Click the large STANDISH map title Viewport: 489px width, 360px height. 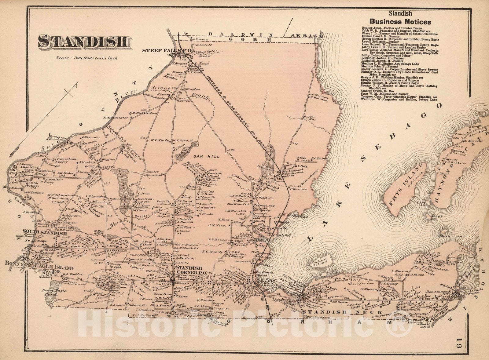pyautogui.click(x=85, y=42)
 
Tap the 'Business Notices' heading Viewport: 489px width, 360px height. pyautogui.click(x=400, y=22)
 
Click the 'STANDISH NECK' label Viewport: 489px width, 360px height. pyautogui.click(x=343, y=312)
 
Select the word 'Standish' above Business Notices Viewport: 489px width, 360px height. pyautogui.click(x=400, y=13)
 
